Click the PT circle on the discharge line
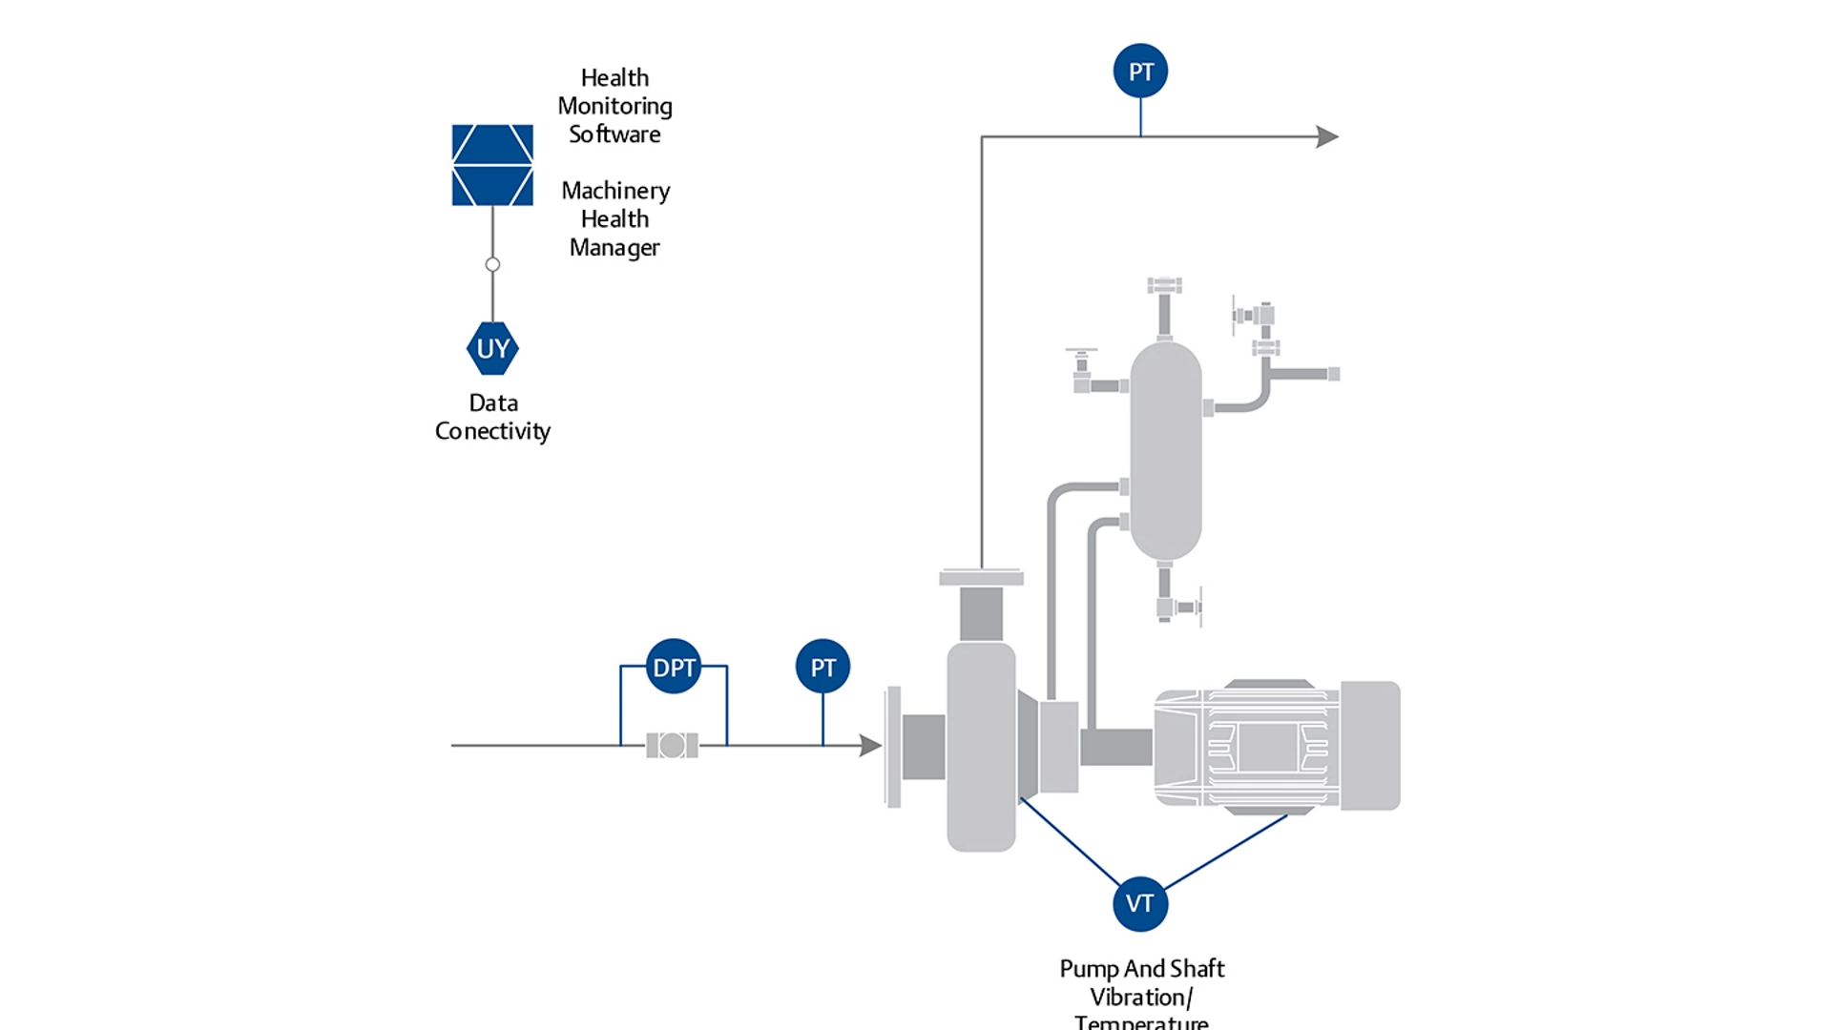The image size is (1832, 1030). click(1140, 71)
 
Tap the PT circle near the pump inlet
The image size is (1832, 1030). click(822, 666)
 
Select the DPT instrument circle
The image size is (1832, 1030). click(674, 666)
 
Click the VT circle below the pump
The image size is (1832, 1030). click(1140, 903)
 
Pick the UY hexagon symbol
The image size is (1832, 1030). click(492, 348)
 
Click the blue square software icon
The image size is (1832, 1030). click(492, 165)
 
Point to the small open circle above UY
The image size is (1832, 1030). click(492, 264)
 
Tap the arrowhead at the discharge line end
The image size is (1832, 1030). click(1327, 136)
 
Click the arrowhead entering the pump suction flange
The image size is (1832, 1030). click(869, 745)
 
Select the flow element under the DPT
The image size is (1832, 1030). click(672, 745)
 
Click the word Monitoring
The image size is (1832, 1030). click(614, 106)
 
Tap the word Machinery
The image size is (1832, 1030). click(615, 191)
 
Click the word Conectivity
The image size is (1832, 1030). click(492, 431)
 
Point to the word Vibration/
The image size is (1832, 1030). click(1141, 998)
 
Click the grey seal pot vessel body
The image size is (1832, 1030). click(1165, 448)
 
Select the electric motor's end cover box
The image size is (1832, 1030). click(1370, 745)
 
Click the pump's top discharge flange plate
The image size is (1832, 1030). click(981, 577)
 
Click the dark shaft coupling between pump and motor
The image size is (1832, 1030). click(1116, 747)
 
